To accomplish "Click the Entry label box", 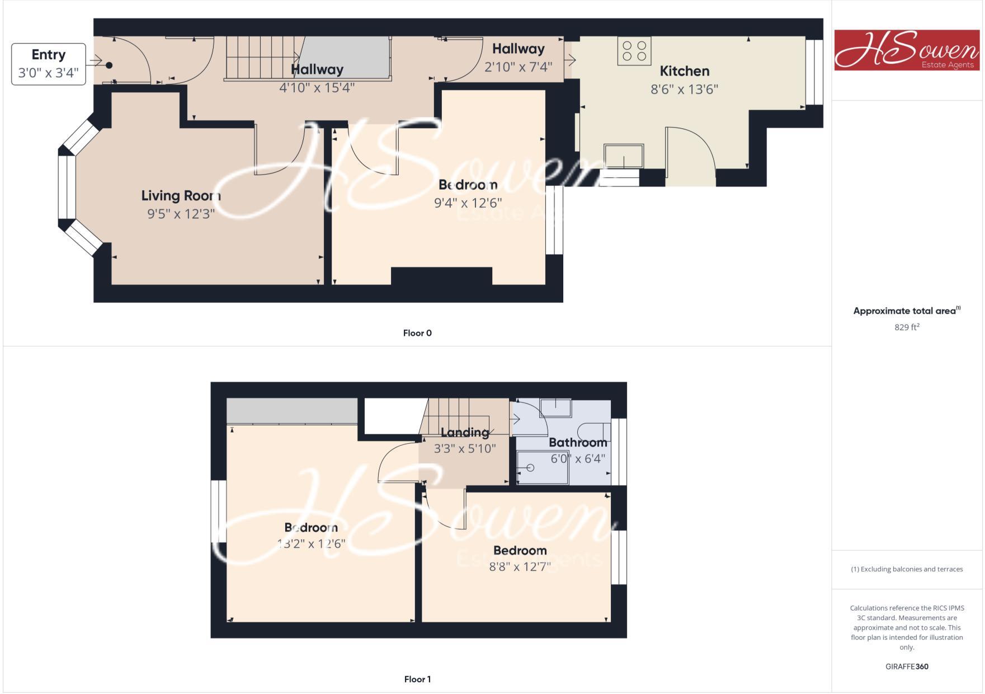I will click(49, 64).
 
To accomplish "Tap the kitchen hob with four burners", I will click(634, 51).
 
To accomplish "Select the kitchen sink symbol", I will click(623, 156).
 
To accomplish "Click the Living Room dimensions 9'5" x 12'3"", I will click(181, 214).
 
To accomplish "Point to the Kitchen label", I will click(684, 71).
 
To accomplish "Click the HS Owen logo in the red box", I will click(906, 50).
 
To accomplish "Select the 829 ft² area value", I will click(906, 327).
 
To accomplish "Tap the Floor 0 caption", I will click(417, 333).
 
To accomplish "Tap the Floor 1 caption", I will click(417, 679).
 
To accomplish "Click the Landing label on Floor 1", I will click(465, 432).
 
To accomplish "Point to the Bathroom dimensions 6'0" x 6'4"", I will click(578, 459).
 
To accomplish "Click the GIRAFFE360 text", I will click(907, 667).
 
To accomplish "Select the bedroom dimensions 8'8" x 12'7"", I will click(520, 566).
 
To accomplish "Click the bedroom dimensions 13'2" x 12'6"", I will click(311, 543).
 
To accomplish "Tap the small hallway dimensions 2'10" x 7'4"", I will click(518, 67).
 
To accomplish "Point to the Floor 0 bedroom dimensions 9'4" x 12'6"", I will click(468, 203).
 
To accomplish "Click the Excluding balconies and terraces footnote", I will click(907, 569).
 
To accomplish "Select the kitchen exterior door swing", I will click(689, 154).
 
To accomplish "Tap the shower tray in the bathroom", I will click(542, 467).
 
